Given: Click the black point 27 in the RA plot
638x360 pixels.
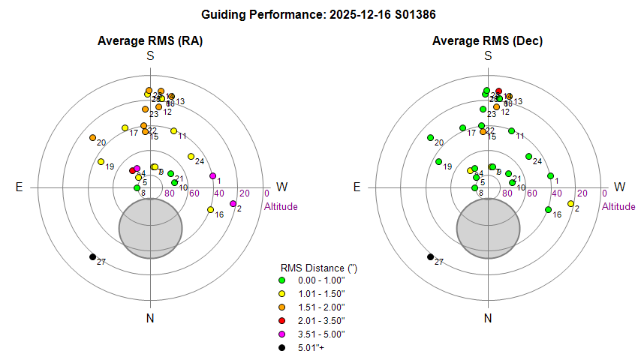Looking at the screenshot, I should coord(92,257).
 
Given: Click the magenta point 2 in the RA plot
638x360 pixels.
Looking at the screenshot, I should coord(233,204).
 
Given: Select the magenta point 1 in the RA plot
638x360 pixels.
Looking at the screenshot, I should coord(212,177).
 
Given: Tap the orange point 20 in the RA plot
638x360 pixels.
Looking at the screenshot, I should coord(92,138).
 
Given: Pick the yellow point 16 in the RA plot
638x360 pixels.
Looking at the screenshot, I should coord(209,210).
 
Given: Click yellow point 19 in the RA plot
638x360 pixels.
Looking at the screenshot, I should coord(101,162).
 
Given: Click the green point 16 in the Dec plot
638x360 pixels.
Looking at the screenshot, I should coord(548,210).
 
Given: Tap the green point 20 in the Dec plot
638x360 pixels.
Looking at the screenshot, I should coord(430,138).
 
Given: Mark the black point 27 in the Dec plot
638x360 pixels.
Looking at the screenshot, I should coord(430,257).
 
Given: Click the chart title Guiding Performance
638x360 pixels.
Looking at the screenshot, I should coord(319,14).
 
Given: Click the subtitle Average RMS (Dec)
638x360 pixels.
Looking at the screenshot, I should coord(488,40).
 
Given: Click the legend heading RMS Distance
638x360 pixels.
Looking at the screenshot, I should coord(314,268).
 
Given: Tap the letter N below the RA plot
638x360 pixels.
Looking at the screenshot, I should coord(150,318).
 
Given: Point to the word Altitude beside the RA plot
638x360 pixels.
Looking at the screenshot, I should coord(281,207).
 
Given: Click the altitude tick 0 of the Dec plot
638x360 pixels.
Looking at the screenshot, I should coord(604,193).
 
